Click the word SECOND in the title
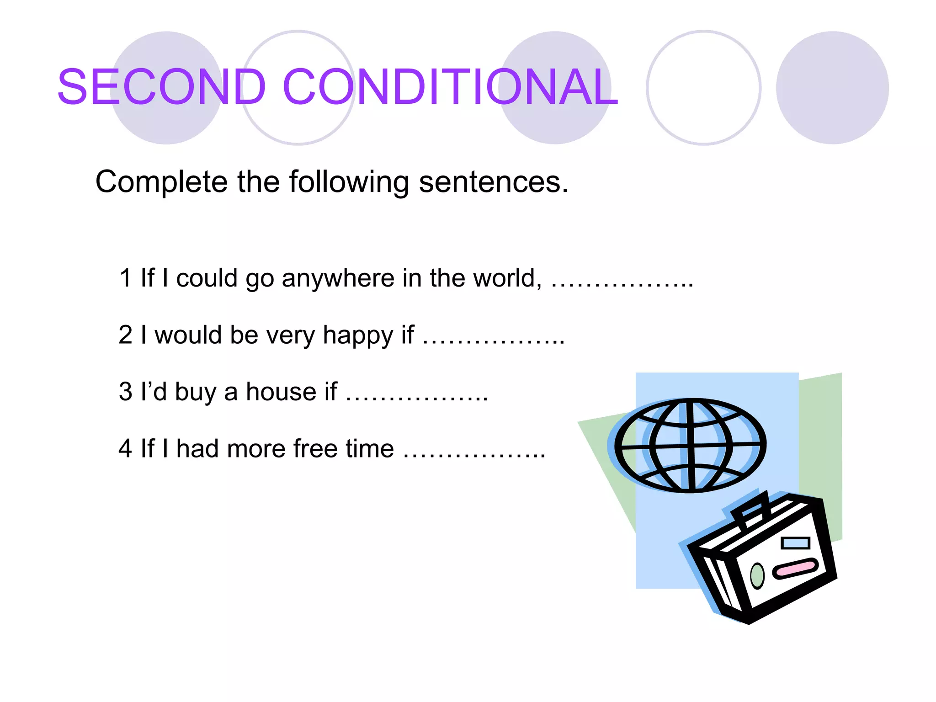[x=161, y=87]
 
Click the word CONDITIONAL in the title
[x=450, y=87]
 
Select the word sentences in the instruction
[x=493, y=182]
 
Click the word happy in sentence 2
[x=358, y=335]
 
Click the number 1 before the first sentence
[x=125, y=278]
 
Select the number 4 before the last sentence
[x=125, y=449]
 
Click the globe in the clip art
[x=690, y=445]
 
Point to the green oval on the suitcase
[x=757, y=575]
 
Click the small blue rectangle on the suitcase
[x=795, y=543]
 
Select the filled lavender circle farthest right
[x=832, y=88]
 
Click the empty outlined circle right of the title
[x=703, y=88]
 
